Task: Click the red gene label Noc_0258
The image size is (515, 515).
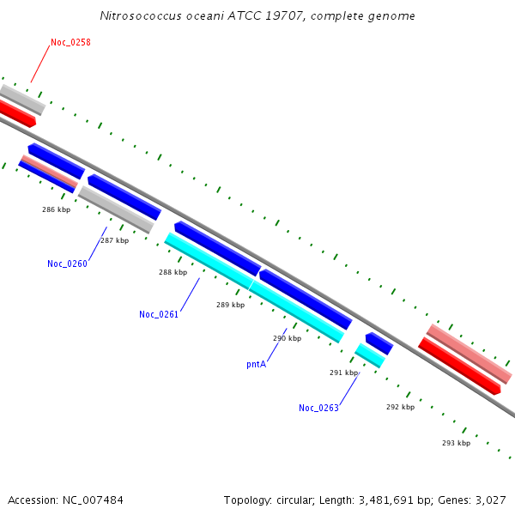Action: pyautogui.click(x=70, y=42)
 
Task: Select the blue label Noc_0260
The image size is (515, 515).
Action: pyautogui.click(x=67, y=264)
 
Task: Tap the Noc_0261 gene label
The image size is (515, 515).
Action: pyautogui.click(x=159, y=314)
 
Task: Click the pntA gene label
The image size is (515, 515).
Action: pyautogui.click(x=256, y=364)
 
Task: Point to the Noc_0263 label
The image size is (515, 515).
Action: pyautogui.click(x=318, y=408)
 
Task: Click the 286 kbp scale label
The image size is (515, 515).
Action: pyautogui.click(x=56, y=209)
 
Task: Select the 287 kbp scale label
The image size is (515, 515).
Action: pyautogui.click(x=115, y=240)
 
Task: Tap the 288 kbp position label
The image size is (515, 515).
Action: pyautogui.click(x=173, y=272)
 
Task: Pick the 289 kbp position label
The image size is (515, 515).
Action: pyautogui.click(x=231, y=305)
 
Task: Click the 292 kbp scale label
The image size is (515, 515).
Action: pyautogui.click(x=400, y=407)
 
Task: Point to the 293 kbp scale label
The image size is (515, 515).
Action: pyautogui.click(x=457, y=443)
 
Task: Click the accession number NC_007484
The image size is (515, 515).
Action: pyautogui.click(x=93, y=500)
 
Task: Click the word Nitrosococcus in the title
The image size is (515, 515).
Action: pyautogui.click(x=141, y=15)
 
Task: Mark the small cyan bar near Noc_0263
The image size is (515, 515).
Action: pyautogui.click(x=370, y=355)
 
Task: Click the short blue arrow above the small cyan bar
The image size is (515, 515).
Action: pyautogui.click(x=379, y=343)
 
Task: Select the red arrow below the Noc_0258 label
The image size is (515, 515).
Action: pyautogui.click(x=16, y=113)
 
